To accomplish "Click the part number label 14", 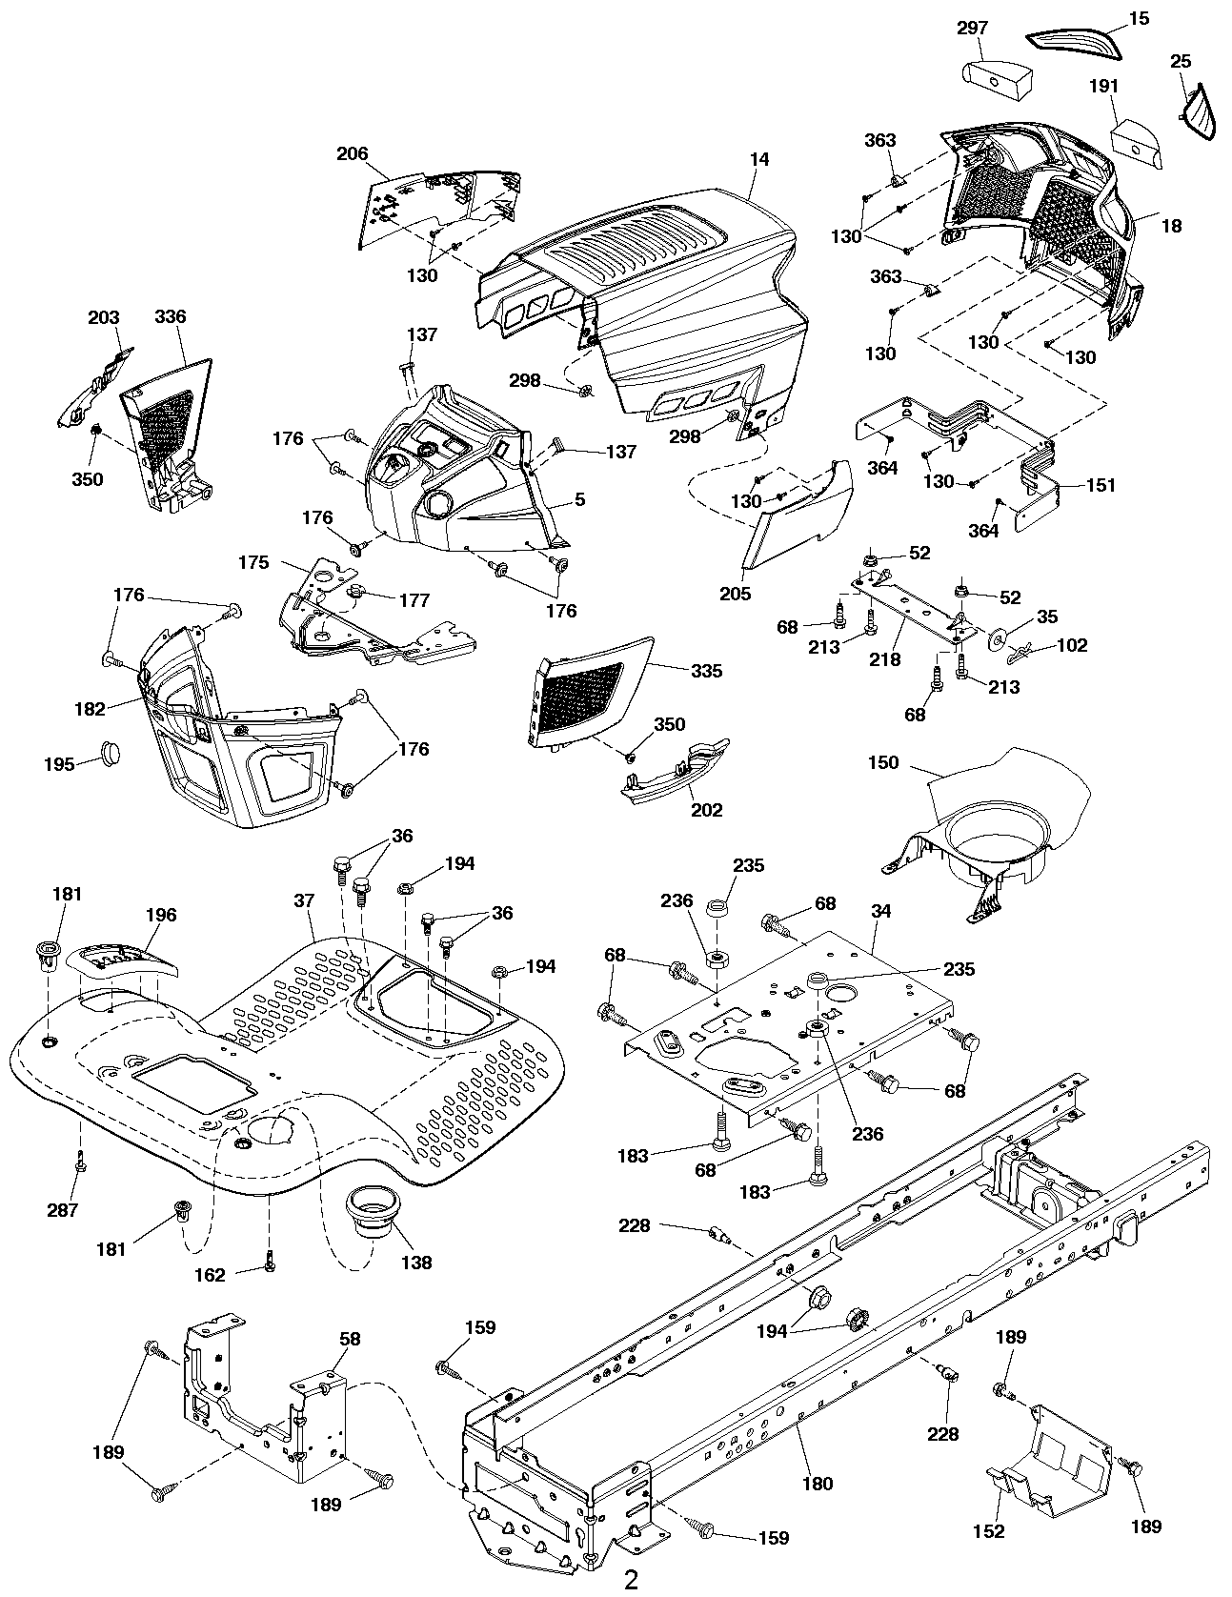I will click(758, 160).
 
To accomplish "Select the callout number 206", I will click(352, 154).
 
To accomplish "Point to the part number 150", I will click(882, 763).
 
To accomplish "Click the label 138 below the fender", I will click(416, 1263).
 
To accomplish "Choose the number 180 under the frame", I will click(818, 1483).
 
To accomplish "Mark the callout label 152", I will click(990, 1531).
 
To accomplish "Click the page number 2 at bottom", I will click(631, 1579).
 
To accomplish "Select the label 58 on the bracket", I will click(350, 1339).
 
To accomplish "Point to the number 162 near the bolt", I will click(210, 1275).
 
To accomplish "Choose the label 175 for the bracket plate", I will click(253, 562).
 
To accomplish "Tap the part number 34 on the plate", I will click(880, 911).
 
